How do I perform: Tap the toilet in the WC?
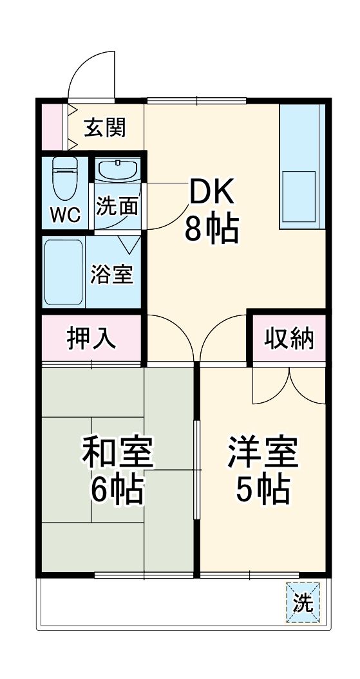pyautogui.click(x=64, y=178)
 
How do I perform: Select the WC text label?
pyautogui.click(x=66, y=215)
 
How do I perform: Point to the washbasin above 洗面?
pyautogui.click(x=117, y=171)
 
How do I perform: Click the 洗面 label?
pyautogui.click(x=117, y=206)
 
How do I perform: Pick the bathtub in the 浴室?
pyautogui.click(x=63, y=273)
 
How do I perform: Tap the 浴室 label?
pyautogui.click(x=111, y=274)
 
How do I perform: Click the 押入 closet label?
pyautogui.click(x=92, y=339)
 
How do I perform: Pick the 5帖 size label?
pyautogui.click(x=262, y=491)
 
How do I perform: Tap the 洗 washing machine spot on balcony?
pyautogui.click(x=303, y=602)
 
